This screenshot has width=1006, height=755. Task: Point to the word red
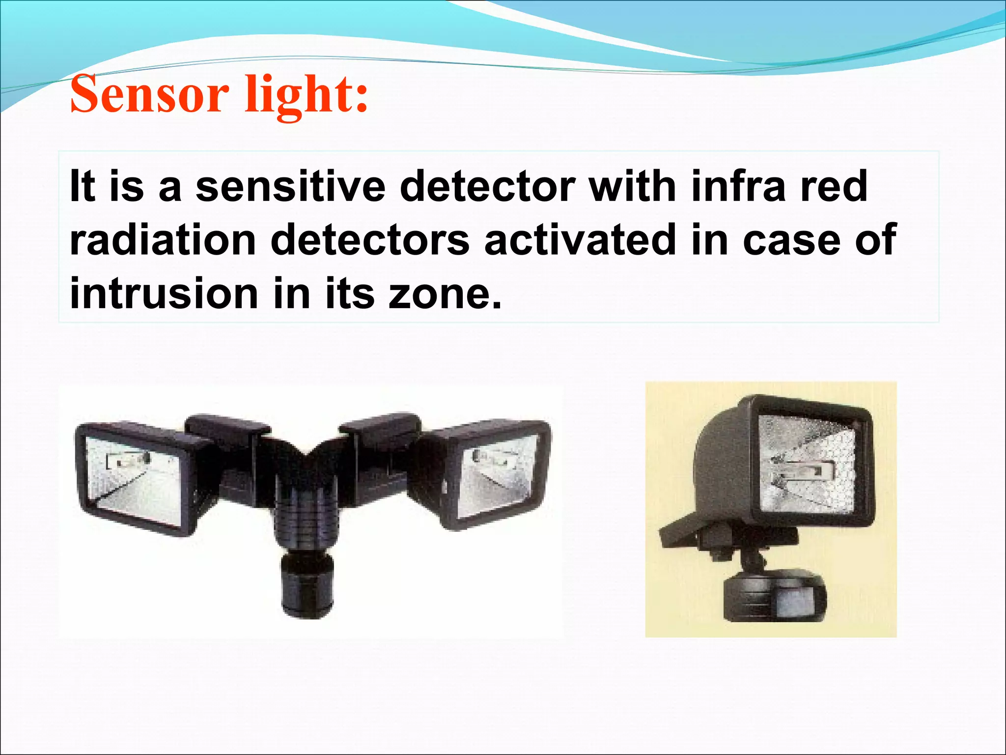835,187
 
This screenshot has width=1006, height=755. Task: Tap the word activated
580,240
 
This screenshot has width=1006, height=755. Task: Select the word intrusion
164,294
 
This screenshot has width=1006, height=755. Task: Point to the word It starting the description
82,187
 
